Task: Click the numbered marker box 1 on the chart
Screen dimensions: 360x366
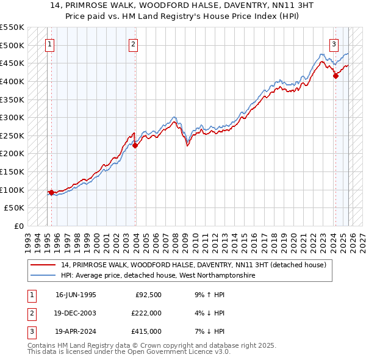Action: (x=49, y=43)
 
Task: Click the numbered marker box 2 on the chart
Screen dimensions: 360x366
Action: (x=133, y=43)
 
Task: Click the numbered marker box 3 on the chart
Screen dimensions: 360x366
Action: (x=334, y=43)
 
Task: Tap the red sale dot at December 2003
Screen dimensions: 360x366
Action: (x=135, y=145)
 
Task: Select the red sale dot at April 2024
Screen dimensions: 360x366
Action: (x=335, y=76)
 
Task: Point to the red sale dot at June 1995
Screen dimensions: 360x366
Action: (x=51, y=192)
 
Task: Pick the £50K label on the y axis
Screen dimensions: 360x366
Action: (x=15, y=208)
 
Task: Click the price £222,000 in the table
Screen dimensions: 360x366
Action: (x=146, y=313)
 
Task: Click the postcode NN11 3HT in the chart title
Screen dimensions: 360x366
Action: (x=271, y=5)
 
